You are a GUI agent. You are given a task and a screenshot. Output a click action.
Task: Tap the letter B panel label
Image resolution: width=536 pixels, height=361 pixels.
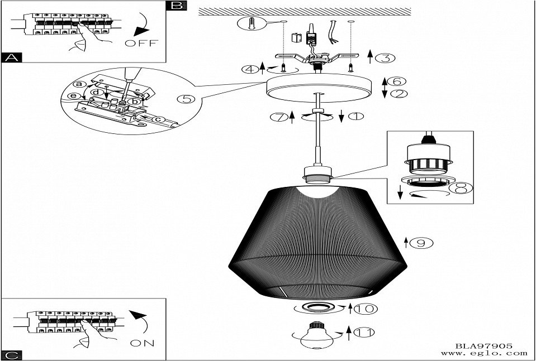click(x=177, y=6)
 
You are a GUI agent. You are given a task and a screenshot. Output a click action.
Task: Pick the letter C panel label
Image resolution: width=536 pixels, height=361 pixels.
click(x=11, y=354)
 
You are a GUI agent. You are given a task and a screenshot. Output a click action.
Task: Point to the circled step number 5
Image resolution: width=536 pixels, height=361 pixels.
click(x=185, y=99)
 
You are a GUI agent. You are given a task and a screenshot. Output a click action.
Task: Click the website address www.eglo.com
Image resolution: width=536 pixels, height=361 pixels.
click(x=483, y=353)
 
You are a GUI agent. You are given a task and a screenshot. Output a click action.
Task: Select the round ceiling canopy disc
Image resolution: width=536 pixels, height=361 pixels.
click(x=317, y=87)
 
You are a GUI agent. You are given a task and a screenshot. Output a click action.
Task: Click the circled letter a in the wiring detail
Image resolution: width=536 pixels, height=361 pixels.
click(x=79, y=84)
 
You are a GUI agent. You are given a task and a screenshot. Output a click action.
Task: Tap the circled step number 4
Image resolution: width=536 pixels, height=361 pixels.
click(x=250, y=70)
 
